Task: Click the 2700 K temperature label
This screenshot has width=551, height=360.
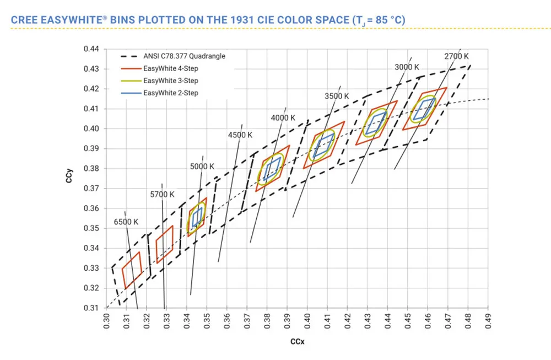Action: click(x=456, y=56)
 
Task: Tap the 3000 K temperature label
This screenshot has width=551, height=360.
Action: click(x=407, y=67)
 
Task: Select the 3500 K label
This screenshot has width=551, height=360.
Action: click(x=337, y=96)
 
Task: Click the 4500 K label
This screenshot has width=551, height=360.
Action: click(x=240, y=135)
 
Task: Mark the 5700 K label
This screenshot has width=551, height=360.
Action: click(x=162, y=194)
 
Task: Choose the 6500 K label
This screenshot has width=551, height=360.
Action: click(x=126, y=222)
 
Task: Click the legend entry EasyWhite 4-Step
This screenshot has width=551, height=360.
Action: click(x=170, y=69)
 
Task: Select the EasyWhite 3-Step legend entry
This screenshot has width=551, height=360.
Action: click(x=170, y=81)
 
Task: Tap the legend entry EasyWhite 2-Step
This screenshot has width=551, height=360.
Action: click(x=170, y=93)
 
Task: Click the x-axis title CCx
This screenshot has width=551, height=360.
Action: click(x=298, y=342)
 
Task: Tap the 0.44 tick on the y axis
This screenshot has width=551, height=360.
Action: click(x=91, y=49)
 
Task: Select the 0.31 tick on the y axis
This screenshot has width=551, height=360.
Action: click(x=91, y=308)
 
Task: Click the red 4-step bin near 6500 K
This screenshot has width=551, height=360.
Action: click(x=132, y=270)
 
